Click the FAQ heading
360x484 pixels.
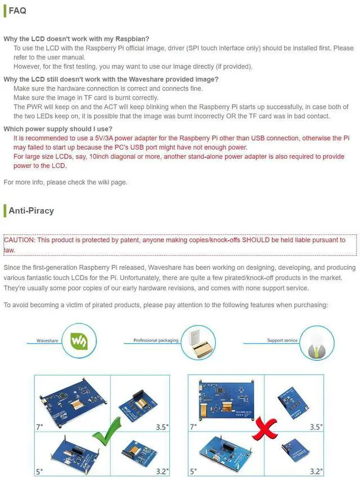(x=17, y=11)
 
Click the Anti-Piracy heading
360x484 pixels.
(x=31, y=211)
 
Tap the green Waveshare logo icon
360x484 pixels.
(x=78, y=341)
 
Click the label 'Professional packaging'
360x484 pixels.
(x=156, y=341)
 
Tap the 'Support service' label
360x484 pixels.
(x=282, y=341)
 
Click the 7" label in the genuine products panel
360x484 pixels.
(x=40, y=427)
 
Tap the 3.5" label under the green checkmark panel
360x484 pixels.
(x=162, y=427)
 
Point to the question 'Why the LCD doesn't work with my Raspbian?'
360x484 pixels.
(x=76, y=39)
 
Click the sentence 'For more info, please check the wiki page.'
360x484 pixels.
(x=65, y=182)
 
